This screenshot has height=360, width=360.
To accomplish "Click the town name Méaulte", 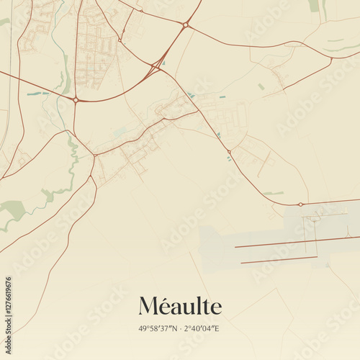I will click(180, 306).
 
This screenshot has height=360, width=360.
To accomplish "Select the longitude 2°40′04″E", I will click(202, 329).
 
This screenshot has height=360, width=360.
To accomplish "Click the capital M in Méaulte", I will click(148, 306).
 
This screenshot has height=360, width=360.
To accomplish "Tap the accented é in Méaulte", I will click(165, 307).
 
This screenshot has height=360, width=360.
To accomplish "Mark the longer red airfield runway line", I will click(295, 242).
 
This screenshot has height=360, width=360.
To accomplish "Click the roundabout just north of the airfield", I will click(301, 204).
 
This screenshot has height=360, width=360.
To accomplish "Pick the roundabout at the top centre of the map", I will click(185, 25).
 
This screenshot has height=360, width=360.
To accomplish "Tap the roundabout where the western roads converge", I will click(76, 100).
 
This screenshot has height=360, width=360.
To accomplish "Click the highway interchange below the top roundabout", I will click(156, 67).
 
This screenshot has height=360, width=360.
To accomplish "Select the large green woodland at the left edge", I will click(13, 210).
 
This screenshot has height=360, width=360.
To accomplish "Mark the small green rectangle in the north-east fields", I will click(261, 86).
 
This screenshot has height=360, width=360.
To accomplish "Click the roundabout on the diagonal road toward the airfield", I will click(229, 151).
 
